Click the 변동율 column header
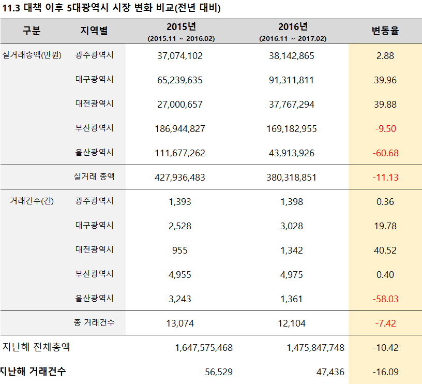coord(385,31)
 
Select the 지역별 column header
coord(94,31)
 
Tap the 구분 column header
coord(31,31)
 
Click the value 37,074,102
coord(179,56)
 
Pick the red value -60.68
coord(385,153)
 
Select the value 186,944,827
coord(179,129)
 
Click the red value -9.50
coord(385,129)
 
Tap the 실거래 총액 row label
coord(94,177)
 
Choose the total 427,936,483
coord(179,178)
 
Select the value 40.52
coord(385,250)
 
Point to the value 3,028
coord(291,226)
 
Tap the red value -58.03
coord(385,299)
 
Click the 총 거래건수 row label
coord(94,323)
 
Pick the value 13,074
coord(179,323)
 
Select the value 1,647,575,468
coord(204,348)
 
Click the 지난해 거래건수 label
coord(33,371)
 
